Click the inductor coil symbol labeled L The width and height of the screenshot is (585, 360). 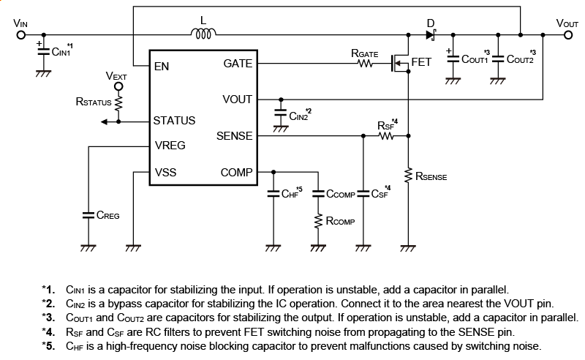[x=203, y=33]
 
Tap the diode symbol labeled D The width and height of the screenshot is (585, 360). [x=431, y=34]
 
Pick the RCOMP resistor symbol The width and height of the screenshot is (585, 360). [x=318, y=220]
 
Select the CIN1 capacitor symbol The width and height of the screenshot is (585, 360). [x=44, y=51]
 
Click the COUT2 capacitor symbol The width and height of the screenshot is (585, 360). [x=497, y=59]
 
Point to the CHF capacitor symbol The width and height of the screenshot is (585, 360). [x=273, y=194]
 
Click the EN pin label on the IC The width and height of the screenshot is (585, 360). [x=162, y=67]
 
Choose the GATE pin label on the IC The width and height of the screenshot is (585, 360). [x=238, y=64]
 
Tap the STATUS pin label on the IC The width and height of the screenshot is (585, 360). [x=175, y=120]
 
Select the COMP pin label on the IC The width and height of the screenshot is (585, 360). [x=236, y=173]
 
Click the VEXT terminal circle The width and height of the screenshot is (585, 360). [x=118, y=85]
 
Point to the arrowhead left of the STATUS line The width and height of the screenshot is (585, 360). [x=104, y=121]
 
